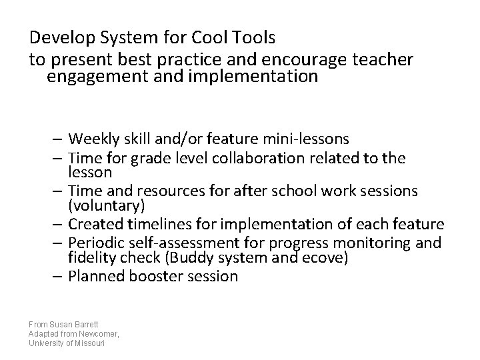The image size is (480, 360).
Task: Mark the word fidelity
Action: (x=91, y=257)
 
